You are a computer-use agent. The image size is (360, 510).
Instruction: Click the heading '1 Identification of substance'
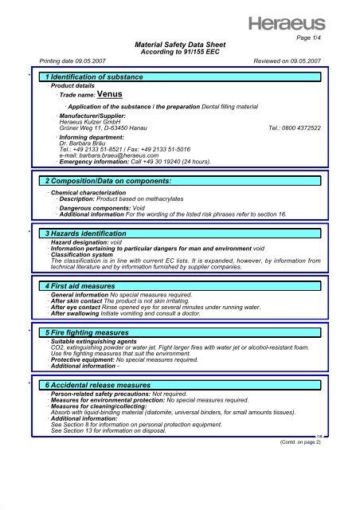[x=94, y=76]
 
